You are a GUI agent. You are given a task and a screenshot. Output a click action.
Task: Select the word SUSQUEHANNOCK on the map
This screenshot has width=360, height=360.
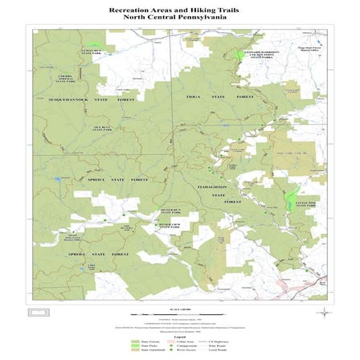pos(55,99)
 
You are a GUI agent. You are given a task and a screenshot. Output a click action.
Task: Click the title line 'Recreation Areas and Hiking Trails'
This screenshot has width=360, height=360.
pos(179,10)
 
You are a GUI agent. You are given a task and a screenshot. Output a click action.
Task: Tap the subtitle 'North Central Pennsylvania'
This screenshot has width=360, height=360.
pos(179,17)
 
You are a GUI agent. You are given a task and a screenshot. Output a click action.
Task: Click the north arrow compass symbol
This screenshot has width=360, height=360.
pos(323,312)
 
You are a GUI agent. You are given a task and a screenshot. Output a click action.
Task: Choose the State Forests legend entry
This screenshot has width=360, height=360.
pos(141,339)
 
